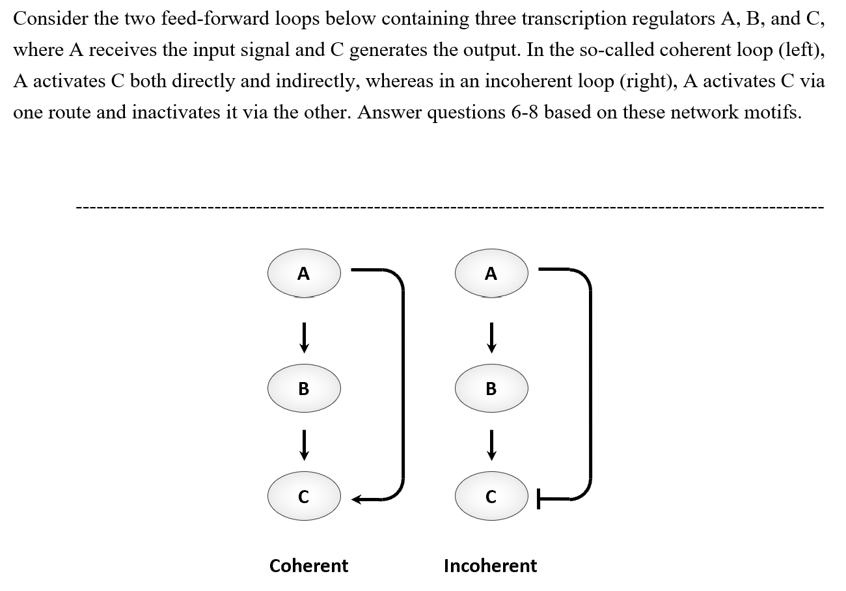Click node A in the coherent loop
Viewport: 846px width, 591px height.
click(x=303, y=273)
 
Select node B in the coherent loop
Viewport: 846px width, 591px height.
click(x=303, y=389)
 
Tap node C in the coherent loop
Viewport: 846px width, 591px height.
click(x=303, y=497)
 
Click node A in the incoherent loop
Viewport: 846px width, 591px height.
click(x=491, y=273)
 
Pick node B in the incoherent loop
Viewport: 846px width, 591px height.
click(x=491, y=389)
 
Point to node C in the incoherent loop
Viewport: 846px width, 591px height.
click(x=491, y=497)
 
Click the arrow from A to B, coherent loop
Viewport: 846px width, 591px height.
click(x=303, y=337)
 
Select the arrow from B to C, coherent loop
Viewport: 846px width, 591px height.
click(x=303, y=447)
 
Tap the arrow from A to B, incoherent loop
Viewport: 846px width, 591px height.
click(x=491, y=337)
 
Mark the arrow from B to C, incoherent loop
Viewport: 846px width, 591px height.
click(x=491, y=447)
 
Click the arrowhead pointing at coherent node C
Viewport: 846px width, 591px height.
click(x=358, y=500)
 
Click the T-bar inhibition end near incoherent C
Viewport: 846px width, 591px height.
click(x=538, y=500)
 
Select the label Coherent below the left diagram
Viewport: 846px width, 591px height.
click(x=308, y=566)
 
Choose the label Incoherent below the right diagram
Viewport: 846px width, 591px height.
click(x=490, y=566)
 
